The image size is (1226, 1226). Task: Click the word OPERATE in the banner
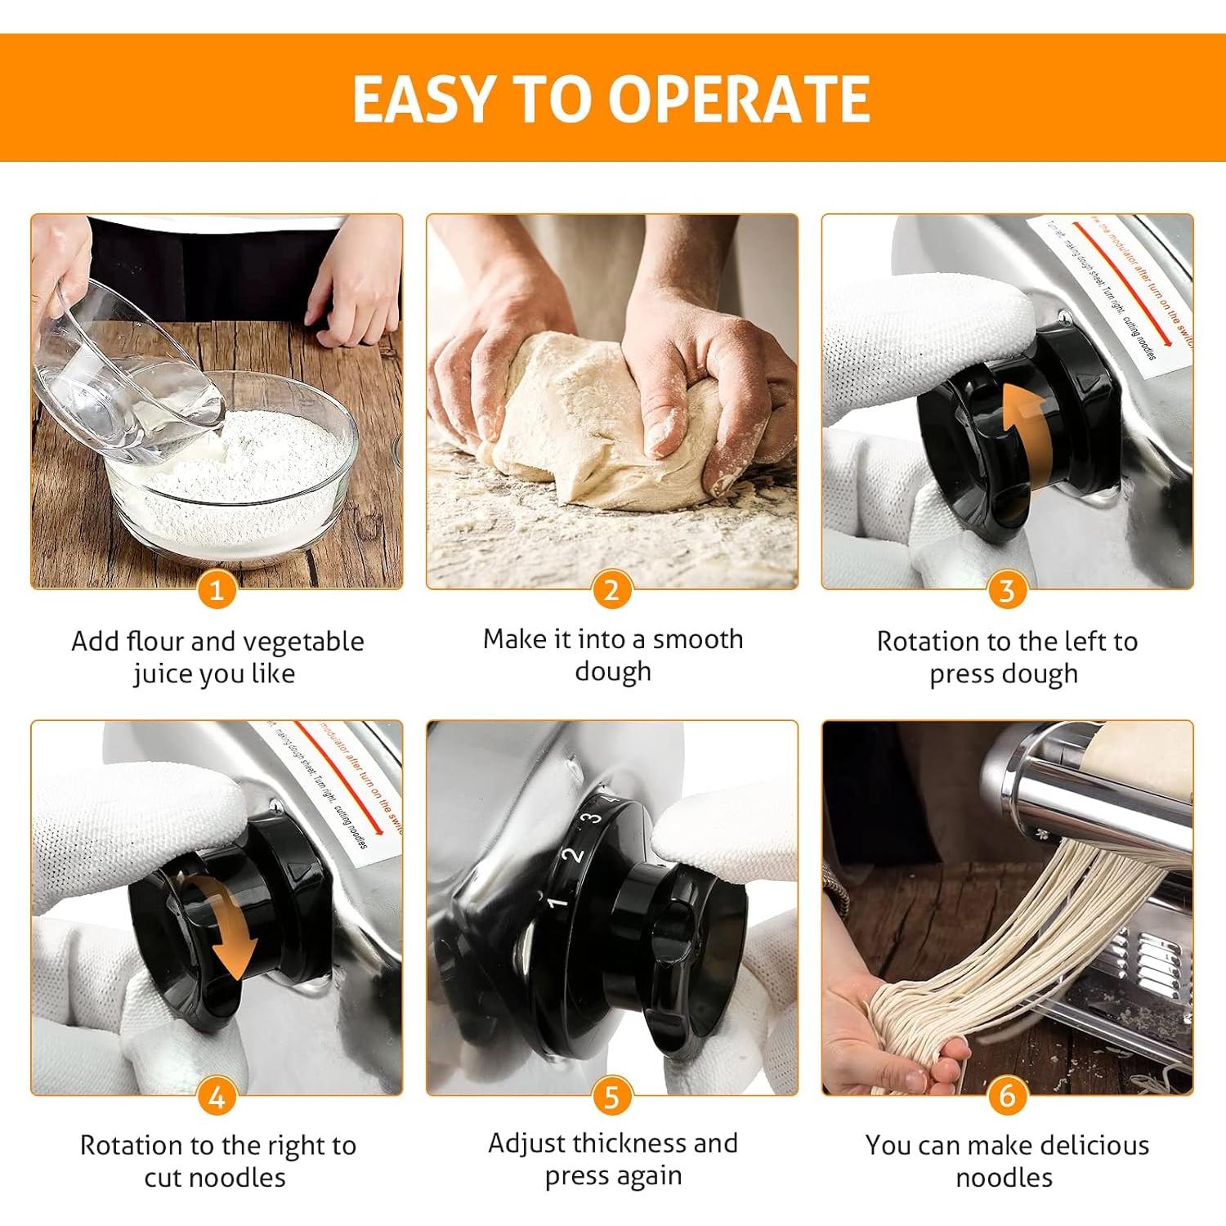click(739, 99)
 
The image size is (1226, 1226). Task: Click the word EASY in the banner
click(423, 99)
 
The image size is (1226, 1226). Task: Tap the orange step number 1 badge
click(217, 589)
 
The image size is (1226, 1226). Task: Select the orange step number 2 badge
click(611, 589)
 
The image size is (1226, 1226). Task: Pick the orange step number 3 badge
click(1006, 589)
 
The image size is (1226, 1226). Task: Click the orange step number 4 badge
click(217, 1096)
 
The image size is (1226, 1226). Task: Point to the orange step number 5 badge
click(611, 1096)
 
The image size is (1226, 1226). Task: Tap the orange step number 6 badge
click(1006, 1096)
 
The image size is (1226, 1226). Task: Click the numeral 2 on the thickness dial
click(575, 855)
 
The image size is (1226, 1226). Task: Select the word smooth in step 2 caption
click(697, 639)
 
